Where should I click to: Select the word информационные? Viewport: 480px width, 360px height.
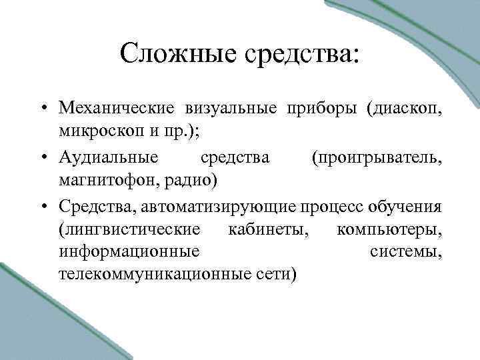129,251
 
